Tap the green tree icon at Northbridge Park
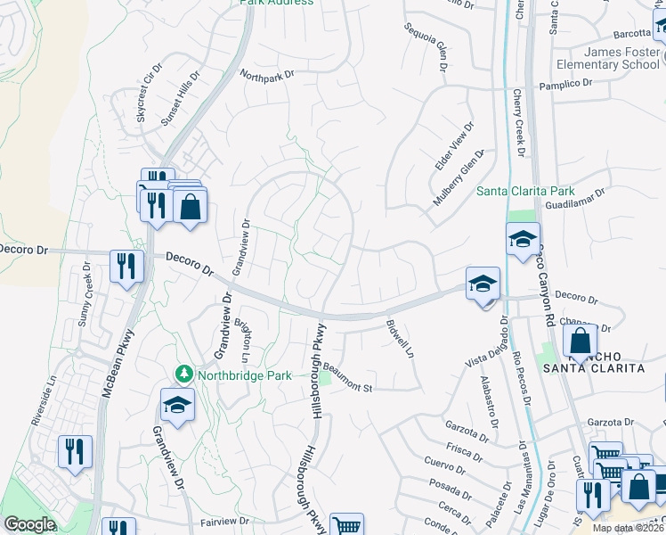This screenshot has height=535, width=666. pos(184,373)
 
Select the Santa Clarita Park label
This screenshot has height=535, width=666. pos(525,191)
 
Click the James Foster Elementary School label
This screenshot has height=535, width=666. pos(607,58)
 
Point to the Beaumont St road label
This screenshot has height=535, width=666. pos(347,375)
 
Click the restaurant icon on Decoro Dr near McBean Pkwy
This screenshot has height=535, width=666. pos(126,265)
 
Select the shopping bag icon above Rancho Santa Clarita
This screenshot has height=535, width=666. pos(580,342)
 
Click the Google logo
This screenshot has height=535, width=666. pos(29,524)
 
